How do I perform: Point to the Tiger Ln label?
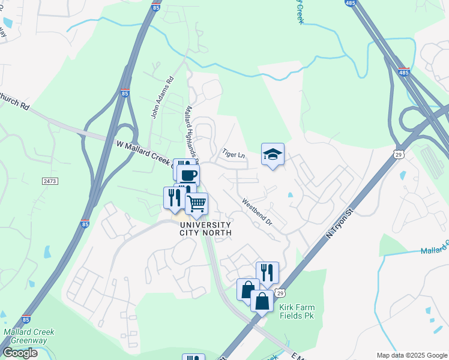tap(234, 154)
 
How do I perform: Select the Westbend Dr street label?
tap(257, 212)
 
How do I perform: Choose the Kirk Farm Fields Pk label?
tap(297, 311)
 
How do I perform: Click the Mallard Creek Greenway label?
tap(29, 336)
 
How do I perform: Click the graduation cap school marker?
tap(273, 155)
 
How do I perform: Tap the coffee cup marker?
tap(188, 175)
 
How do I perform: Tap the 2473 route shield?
tap(50, 181)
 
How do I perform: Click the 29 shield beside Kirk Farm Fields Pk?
tap(280, 292)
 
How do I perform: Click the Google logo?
tap(20, 353)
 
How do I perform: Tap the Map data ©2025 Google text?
tap(412, 355)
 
